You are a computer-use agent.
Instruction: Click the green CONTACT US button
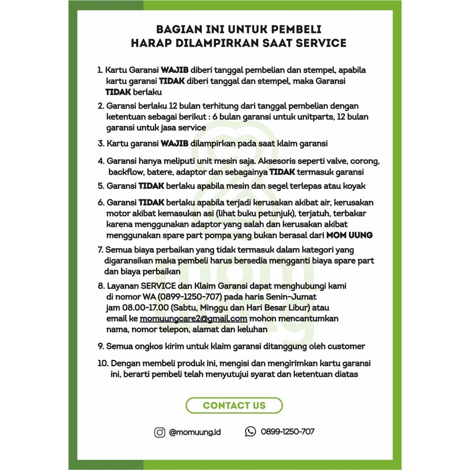pyautogui.click(x=234, y=406)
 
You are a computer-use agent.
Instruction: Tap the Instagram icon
pyautogui.click(x=160, y=432)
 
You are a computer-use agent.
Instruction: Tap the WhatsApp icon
pyautogui.click(x=250, y=432)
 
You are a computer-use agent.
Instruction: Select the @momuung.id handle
pyautogui.click(x=195, y=432)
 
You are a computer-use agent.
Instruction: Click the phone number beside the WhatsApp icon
pyautogui.click(x=287, y=432)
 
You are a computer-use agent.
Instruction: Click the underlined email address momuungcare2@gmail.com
pyautogui.click(x=193, y=318)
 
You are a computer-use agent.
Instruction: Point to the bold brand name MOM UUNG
pyautogui.click(x=349, y=235)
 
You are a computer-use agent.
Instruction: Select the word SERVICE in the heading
pyautogui.click(x=321, y=43)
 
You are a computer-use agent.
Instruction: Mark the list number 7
pyautogui.click(x=100, y=250)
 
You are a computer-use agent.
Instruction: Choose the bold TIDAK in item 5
pyautogui.click(x=151, y=186)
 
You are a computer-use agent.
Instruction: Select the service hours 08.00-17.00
pyautogui.click(x=147, y=307)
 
